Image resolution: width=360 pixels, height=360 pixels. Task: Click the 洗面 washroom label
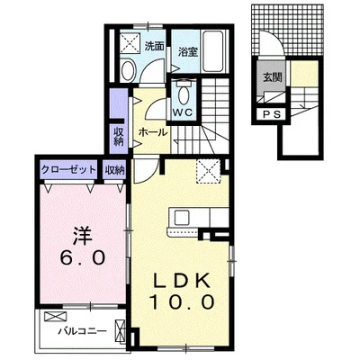click(x=154, y=45)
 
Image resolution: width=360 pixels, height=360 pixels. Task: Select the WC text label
click(x=184, y=112)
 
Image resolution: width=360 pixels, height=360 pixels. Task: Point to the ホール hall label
click(x=150, y=132)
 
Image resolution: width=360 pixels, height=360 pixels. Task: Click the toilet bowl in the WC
click(x=184, y=94)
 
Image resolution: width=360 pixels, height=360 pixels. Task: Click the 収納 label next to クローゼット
click(x=113, y=168)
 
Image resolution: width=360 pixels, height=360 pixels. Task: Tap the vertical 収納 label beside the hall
click(x=119, y=136)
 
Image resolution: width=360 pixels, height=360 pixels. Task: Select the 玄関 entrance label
click(x=271, y=77)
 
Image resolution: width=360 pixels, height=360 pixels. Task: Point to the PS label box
click(x=271, y=114)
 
